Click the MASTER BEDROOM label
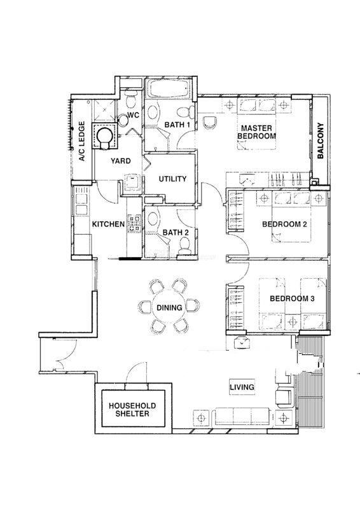click(x=256, y=132)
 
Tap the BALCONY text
click(x=321, y=140)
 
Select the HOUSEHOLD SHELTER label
click(x=132, y=410)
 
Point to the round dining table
click(x=169, y=307)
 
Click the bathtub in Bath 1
click(x=169, y=88)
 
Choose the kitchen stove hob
click(x=134, y=224)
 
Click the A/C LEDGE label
click(x=83, y=141)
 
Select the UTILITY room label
click(x=172, y=179)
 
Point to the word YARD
click(x=120, y=161)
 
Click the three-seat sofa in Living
click(x=240, y=417)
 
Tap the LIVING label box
click(x=242, y=387)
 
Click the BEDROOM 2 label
click(x=284, y=224)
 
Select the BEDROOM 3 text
click(x=292, y=298)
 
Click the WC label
click(x=133, y=115)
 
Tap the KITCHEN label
click(x=108, y=224)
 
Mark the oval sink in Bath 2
click(x=153, y=220)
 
